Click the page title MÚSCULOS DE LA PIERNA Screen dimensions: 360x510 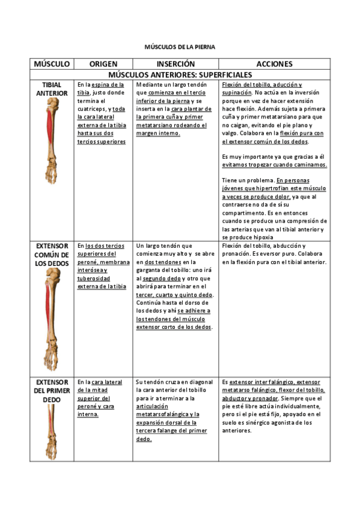[179, 46]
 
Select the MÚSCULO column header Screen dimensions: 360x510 [52, 64]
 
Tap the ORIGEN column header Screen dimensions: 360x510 [103, 64]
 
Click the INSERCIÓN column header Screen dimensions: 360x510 [175, 64]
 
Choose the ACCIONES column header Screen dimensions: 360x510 [274, 64]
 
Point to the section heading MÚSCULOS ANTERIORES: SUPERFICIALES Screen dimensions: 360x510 [180, 75]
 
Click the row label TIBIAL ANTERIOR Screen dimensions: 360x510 [52, 89]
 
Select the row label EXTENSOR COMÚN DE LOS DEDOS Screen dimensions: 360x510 [52, 254]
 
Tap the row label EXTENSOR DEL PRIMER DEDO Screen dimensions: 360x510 [52, 391]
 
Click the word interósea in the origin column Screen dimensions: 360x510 [89, 270]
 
